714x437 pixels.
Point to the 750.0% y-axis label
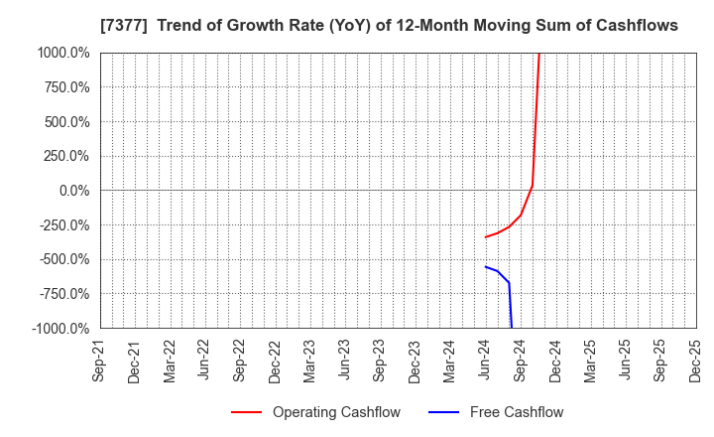click(x=65, y=87)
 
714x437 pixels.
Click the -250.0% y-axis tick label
click(x=63, y=225)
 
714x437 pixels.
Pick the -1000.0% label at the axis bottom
click(x=60, y=329)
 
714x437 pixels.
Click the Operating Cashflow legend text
click(x=336, y=412)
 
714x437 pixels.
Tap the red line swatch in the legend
click(x=247, y=412)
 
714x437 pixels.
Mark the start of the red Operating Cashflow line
click(x=485, y=236)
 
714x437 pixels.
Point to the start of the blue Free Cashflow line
click(x=485, y=266)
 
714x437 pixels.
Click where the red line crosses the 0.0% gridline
click(x=532, y=190)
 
